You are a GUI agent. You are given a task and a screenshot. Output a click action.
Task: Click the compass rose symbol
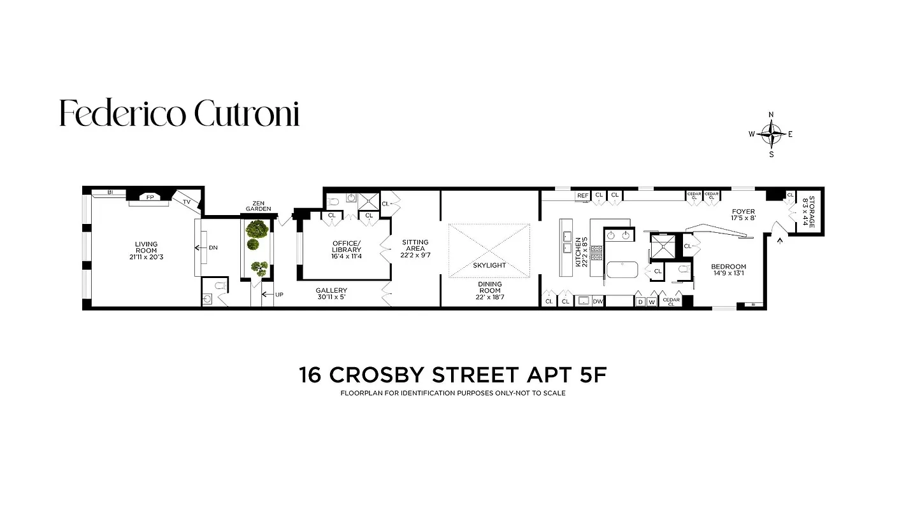[x=772, y=134]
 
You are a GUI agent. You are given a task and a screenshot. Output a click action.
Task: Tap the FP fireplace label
[x=150, y=197]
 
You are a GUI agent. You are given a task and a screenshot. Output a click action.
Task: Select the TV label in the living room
[x=187, y=202]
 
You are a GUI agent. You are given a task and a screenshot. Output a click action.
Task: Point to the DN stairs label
[x=213, y=248]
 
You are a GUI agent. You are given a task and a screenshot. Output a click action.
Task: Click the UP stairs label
[x=279, y=295]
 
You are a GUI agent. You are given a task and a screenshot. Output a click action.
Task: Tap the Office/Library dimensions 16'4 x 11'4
[x=347, y=257]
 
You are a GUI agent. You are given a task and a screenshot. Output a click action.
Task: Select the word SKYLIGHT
[x=489, y=265]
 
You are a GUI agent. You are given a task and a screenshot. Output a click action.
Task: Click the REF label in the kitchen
[x=582, y=195]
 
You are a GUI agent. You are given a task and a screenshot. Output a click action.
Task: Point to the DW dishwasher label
[x=598, y=302]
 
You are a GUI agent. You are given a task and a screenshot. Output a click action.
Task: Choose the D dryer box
[x=640, y=302]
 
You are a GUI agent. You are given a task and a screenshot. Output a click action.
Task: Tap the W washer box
[x=652, y=302]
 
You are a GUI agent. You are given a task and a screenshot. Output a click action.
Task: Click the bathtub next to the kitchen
[x=622, y=270]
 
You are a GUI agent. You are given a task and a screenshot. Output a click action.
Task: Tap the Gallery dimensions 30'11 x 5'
[x=331, y=298]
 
